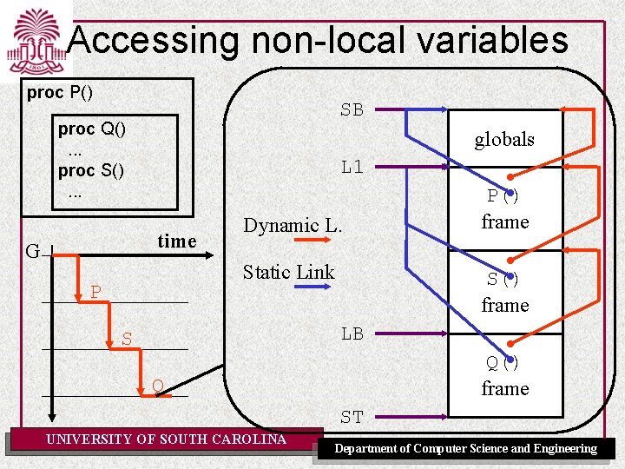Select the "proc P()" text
60,92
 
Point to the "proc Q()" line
91,129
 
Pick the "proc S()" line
91,170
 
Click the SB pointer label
352,110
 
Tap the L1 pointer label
352,167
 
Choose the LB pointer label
352,333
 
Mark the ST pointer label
352,418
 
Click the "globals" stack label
503,139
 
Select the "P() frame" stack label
504,209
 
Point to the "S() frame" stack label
504,293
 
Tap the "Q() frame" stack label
504,376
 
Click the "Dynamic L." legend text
293,226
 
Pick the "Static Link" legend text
288,273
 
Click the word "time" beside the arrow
177,241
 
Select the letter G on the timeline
32,253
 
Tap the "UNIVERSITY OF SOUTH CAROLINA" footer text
166,439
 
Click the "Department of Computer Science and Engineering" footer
466,449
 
